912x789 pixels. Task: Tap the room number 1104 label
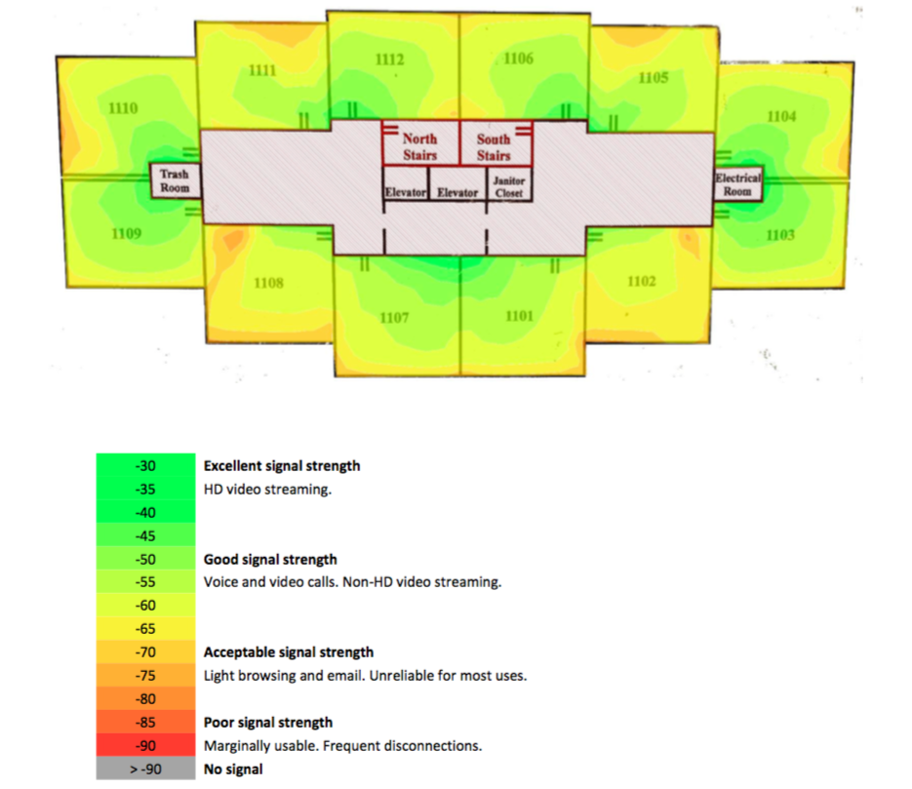(781, 116)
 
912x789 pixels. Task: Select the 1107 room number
(394, 318)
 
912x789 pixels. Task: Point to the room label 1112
(389, 60)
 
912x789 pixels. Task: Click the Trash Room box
(175, 180)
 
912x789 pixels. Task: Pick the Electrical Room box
(737, 184)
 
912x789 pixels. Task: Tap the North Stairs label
(419, 147)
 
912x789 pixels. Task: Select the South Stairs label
(494, 147)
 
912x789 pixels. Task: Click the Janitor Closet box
(509, 187)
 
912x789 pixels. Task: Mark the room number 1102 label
(641, 282)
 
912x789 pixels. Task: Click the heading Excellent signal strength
(282, 466)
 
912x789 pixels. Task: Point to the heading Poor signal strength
(268, 723)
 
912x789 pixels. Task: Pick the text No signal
(233, 769)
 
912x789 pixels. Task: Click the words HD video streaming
(267, 490)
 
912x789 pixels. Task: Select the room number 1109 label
(126, 233)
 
